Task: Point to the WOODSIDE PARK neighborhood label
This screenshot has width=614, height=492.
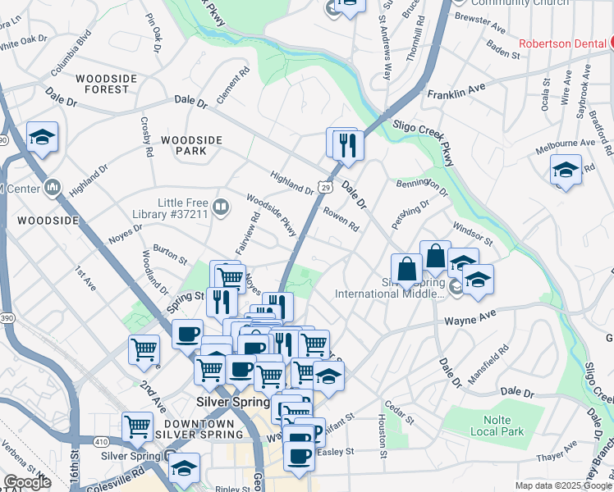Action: point(191,146)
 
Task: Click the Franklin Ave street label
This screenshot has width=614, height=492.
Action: point(456,93)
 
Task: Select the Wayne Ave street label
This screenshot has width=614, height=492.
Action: point(470,316)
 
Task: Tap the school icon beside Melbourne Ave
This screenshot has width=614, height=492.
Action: point(566,171)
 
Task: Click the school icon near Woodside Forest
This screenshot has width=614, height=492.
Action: point(42,139)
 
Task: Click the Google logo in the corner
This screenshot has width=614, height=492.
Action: point(26,481)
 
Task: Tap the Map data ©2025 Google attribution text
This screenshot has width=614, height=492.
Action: point(563,485)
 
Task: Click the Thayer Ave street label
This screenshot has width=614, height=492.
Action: point(558,452)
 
